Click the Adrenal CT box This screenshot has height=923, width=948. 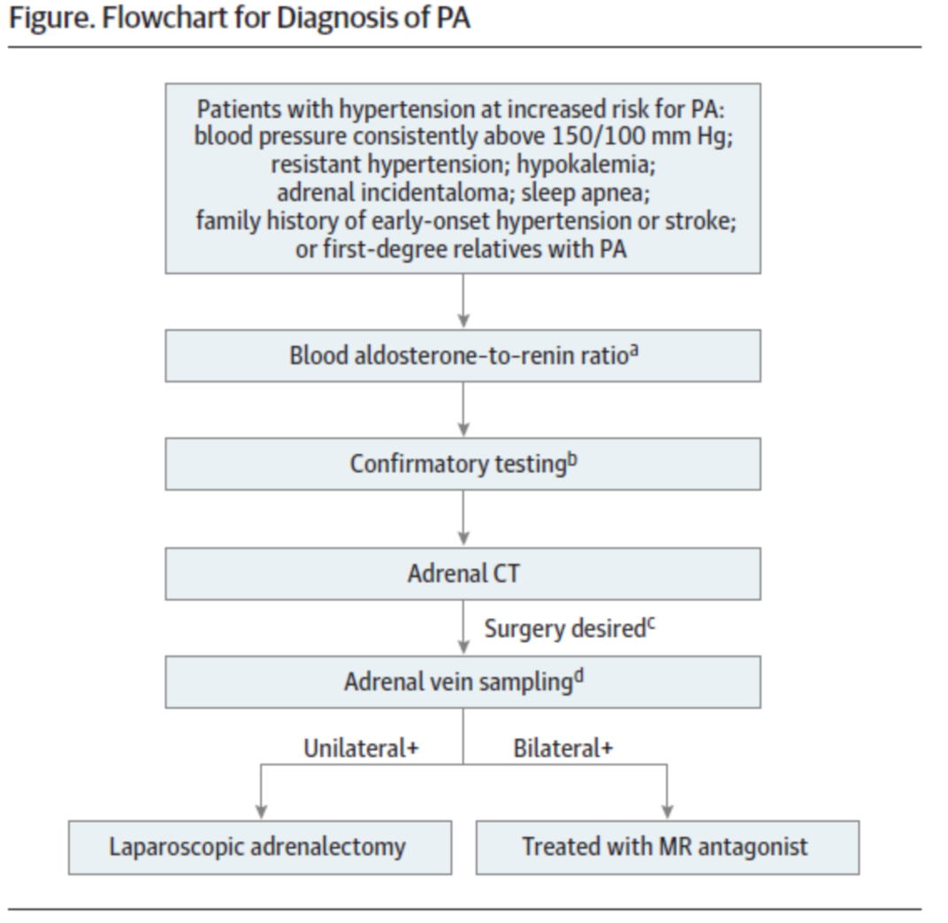tap(463, 574)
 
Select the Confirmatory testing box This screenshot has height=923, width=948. tap(463, 464)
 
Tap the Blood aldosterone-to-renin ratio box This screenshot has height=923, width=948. tap(463, 356)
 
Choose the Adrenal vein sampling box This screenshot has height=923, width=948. tap(463, 681)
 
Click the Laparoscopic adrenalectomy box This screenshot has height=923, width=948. tap(260, 848)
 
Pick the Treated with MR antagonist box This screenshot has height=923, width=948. tap(668, 848)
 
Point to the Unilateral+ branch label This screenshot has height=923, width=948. tap(361, 749)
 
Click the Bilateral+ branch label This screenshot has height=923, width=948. tap(562, 749)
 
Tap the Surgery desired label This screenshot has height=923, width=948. tap(570, 628)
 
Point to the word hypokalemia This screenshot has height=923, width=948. tap(585, 165)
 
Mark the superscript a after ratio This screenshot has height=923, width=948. tap(634, 350)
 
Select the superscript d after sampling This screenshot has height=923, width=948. tap(578, 676)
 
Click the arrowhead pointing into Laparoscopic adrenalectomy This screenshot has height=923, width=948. tap(261, 812)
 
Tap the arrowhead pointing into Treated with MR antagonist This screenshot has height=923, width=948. tap(668, 812)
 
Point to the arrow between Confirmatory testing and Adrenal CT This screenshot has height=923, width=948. tap(463, 519)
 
